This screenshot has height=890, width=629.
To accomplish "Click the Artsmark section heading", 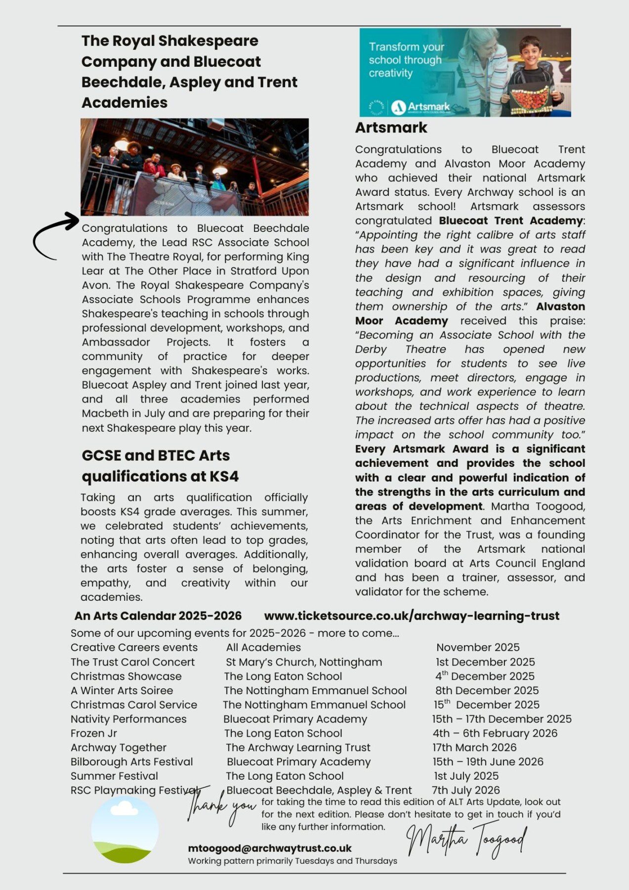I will click(391, 128).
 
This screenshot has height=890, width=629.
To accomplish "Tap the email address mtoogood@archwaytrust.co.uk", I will click(269, 848).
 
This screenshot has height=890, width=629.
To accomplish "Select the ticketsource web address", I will click(412, 616).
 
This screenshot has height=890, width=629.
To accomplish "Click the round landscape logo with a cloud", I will click(125, 829).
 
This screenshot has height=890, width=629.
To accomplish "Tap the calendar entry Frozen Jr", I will click(94, 733).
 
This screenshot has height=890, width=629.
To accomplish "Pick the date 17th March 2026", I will click(474, 748).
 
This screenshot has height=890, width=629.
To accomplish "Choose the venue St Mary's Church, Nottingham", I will click(304, 662).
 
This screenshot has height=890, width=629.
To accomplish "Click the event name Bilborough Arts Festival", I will click(131, 762).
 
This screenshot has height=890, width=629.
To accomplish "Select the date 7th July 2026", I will click(465, 790).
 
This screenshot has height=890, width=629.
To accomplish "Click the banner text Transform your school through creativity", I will click(406, 60).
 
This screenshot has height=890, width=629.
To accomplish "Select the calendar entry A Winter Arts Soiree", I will click(122, 691).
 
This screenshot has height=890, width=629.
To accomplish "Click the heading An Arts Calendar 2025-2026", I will click(158, 616).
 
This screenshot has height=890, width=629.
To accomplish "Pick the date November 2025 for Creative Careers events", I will click(477, 647).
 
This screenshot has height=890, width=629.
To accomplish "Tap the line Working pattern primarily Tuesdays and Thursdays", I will click(292, 861).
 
